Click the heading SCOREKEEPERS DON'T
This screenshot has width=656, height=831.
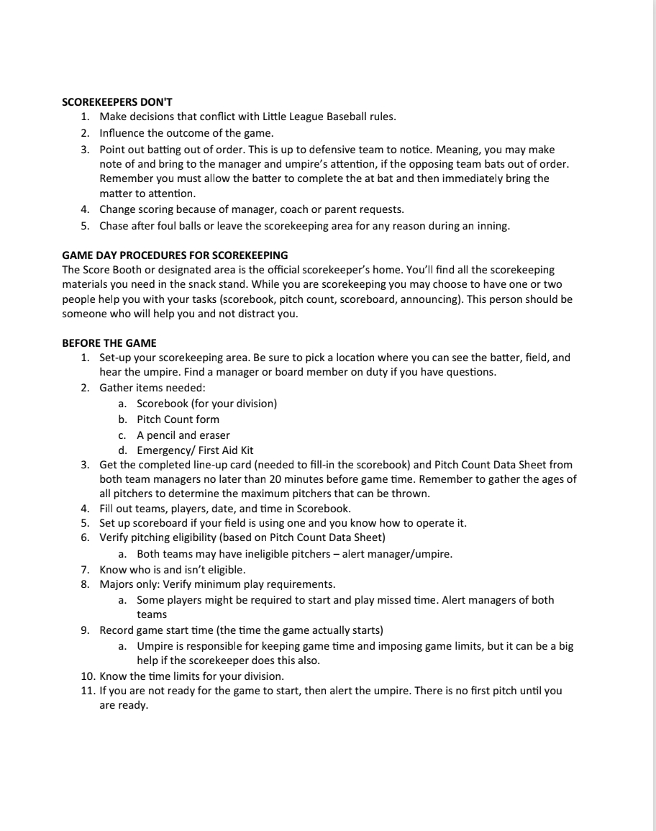117,101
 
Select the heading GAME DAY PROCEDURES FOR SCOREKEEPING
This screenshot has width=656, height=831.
175,255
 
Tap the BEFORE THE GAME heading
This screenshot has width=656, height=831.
109,342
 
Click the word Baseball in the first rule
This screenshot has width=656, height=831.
351,117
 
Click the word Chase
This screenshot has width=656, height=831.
114,226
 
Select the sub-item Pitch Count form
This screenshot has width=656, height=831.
178,419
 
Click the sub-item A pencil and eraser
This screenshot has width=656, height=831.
183,435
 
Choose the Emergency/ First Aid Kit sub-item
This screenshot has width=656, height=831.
194,451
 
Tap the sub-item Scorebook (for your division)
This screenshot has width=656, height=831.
206,404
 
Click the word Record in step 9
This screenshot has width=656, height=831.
117,631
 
